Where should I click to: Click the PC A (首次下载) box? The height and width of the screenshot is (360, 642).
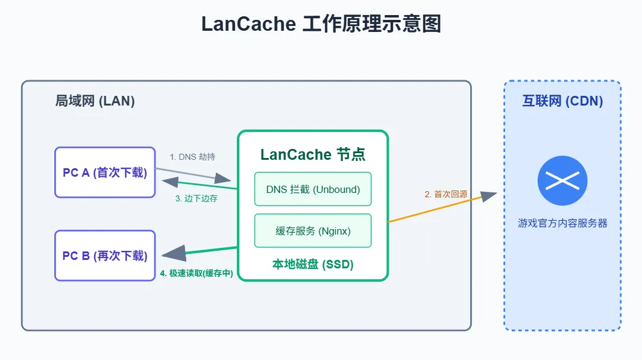105,172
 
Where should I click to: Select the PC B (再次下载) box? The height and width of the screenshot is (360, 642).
105,256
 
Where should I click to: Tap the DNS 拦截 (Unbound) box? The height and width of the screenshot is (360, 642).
313,189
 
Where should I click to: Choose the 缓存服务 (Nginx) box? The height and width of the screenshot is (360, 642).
313,230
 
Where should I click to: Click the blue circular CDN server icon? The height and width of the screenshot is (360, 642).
562,181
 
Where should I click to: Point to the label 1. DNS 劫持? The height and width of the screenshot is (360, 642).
192,157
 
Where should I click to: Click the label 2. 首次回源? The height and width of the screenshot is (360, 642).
446,194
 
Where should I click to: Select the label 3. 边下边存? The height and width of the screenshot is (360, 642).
196,198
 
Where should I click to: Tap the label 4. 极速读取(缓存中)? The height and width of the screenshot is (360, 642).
197,273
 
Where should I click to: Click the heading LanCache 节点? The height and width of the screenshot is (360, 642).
313,154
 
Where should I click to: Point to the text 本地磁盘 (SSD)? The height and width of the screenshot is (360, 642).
313,264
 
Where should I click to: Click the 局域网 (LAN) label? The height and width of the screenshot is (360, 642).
95,101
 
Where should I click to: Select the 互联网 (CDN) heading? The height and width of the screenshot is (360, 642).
562,101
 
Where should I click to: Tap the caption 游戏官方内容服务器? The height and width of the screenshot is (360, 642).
562,223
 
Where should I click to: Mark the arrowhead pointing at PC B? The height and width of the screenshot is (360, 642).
174,253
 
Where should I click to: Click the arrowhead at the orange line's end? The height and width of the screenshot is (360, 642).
489,196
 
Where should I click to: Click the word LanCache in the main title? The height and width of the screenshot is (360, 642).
248,24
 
